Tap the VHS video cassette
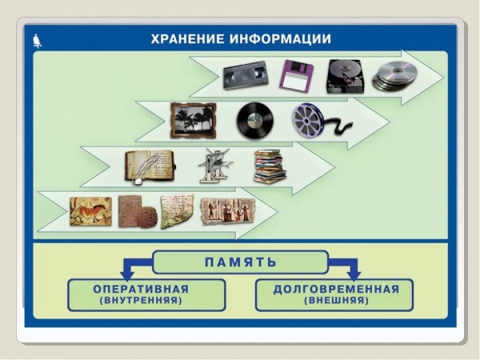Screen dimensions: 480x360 (246, 75)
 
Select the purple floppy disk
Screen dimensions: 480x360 (296, 76)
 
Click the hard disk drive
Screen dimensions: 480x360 (346, 76)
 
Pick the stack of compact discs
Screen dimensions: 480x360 (395, 76)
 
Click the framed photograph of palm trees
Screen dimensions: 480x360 (193, 121)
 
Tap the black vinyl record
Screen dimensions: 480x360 (255, 121)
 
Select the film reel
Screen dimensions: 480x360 (318, 120)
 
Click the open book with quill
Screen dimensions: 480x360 (150, 167)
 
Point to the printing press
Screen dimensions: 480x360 (215, 166)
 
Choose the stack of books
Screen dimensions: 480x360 (270, 166)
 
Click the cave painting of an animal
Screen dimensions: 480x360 (90, 211)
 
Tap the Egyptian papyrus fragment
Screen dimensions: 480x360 (228, 211)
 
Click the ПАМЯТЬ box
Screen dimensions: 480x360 (240, 262)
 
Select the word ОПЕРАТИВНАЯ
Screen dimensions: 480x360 (141, 289)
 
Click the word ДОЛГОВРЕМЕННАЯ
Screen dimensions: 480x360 (336, 289)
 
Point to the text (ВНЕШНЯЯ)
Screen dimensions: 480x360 (337, 300)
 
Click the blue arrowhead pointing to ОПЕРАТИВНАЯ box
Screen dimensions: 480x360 (127, 275)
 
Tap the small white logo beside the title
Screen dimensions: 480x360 (37, 41)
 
